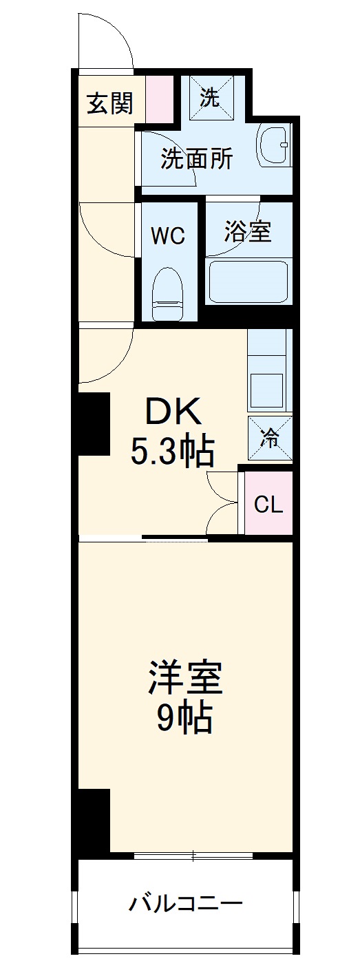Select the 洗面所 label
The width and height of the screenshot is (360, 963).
(x=196, y=159)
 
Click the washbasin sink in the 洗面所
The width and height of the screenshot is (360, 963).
(x=274, y=145)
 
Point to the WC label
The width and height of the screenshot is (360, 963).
(x=168, y=236)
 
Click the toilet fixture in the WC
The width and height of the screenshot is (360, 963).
(x=167, y=293)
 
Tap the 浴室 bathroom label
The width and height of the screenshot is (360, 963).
(x=247, y=231)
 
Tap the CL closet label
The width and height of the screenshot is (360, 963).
(x=268, y=505)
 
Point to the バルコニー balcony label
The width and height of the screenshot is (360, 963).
(x=185, y=902)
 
